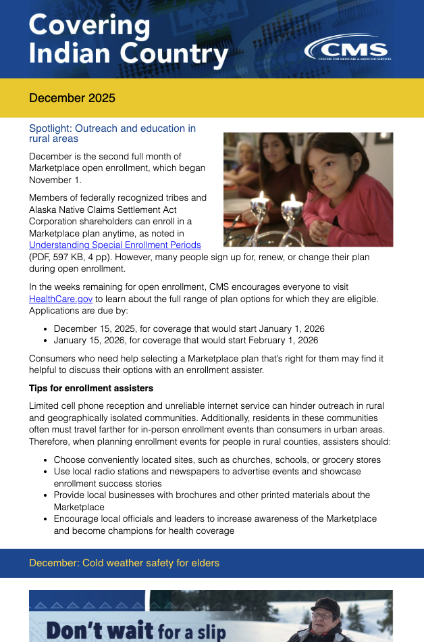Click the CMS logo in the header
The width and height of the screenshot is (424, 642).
tap(347, 48)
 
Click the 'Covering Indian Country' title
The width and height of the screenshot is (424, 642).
tap(128, 41)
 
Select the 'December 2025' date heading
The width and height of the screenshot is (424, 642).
tap(72, 98)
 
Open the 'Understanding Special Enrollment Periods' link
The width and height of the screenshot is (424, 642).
tap(115, 245)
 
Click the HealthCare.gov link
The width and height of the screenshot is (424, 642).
tap(61, 299)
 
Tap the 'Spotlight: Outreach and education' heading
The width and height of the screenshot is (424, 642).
tap(112, 133)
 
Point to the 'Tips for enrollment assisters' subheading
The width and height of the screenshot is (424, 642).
tap(91, 389)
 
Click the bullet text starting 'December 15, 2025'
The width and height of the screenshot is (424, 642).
tap(189, 328)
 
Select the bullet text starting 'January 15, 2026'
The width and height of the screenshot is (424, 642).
tap(186, 340)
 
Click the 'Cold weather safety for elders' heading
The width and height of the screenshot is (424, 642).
tap(124, 563)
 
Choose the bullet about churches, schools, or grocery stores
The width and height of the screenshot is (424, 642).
tap(217, 460)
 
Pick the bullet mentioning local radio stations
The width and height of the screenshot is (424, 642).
tap(207, 472)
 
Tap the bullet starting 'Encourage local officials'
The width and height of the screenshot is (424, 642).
tap(215, 519)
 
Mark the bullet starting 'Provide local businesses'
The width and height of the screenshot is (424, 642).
tap(211, 495)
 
